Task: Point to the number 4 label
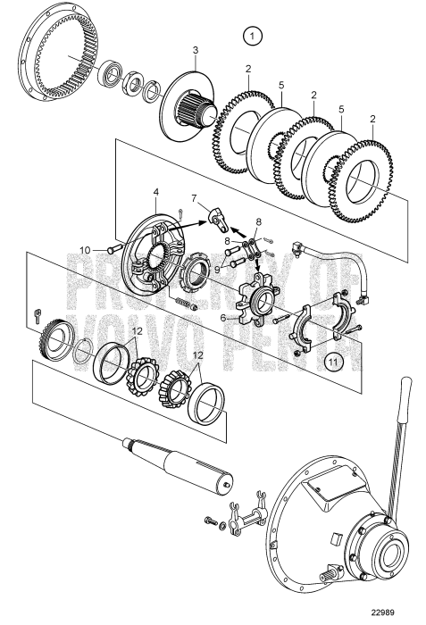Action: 155,191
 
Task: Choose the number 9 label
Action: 217,265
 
